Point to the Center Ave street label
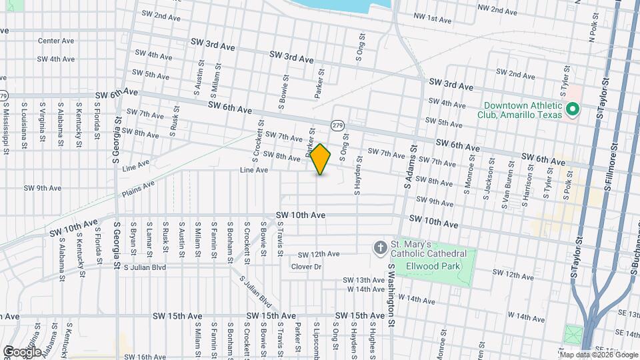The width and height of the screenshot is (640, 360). point(56,41)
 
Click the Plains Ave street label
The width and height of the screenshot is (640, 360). point(138,189)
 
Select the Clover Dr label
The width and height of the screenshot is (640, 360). point(307,267)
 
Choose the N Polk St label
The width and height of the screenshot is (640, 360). point(591,31)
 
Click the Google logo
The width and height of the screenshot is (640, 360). point(21,351)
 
